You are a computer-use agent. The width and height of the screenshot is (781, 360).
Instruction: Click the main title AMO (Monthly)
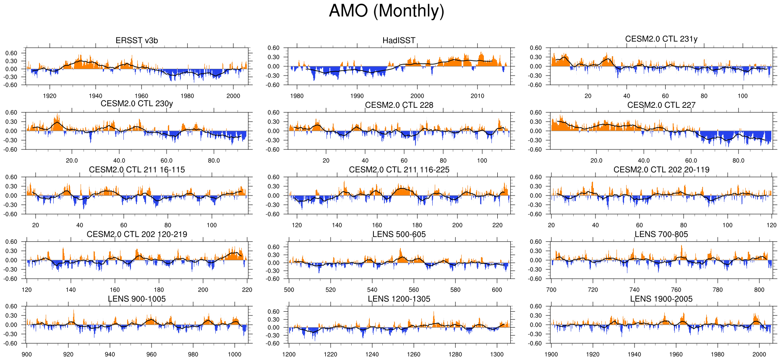[386, 11]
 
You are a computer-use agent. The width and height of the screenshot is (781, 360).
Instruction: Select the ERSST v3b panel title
[137, 40]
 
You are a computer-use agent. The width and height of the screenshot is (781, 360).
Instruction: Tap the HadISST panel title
[399, 40]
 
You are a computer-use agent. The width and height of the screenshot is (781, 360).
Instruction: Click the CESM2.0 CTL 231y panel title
[661, 39]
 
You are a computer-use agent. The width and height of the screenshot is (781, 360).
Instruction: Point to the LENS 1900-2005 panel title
[661, 299]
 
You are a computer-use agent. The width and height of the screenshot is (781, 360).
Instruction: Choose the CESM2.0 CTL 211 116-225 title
[399, 170]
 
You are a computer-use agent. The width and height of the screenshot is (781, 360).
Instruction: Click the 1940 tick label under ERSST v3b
[96, 96]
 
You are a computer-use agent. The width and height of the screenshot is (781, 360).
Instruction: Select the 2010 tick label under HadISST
[477, 96]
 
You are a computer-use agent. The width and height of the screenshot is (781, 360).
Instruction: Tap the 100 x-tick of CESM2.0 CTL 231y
[742, 96]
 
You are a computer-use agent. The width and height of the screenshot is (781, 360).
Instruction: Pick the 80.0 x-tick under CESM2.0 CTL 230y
[214, 160]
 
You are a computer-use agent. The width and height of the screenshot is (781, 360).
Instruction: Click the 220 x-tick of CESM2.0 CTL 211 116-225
[497, 225]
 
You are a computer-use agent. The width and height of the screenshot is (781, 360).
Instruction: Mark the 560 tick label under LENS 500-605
[413, 290]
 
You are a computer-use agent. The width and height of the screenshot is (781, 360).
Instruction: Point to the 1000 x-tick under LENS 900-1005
[234, 354]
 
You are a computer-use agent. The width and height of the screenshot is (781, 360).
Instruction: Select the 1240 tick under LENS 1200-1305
[372, 354]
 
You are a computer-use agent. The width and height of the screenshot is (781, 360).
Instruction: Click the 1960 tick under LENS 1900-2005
[676, 354]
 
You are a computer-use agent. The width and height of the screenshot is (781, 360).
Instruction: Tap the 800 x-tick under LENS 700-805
[759, 290]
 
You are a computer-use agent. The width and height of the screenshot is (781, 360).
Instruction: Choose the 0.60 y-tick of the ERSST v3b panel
[11, 53]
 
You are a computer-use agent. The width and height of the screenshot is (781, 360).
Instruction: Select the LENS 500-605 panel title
[399, 234]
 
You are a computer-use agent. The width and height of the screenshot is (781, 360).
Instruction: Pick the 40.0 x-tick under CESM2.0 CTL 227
[644, 160]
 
